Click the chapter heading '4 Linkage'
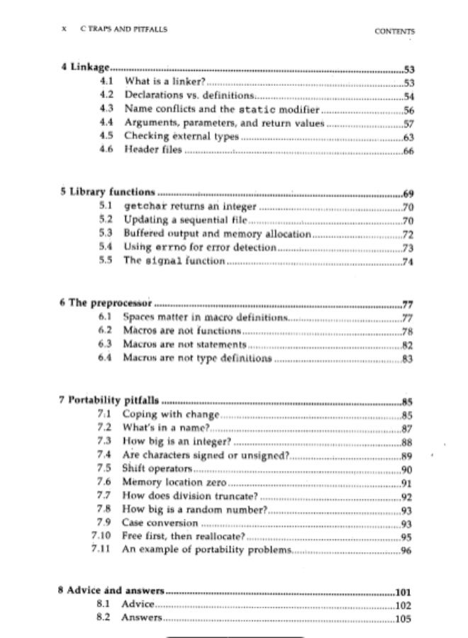coord(85,69)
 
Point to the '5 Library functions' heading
coord(106,192)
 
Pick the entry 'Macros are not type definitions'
coord(196,357)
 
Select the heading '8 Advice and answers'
coord(111,591)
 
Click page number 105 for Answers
coord(403,618)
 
